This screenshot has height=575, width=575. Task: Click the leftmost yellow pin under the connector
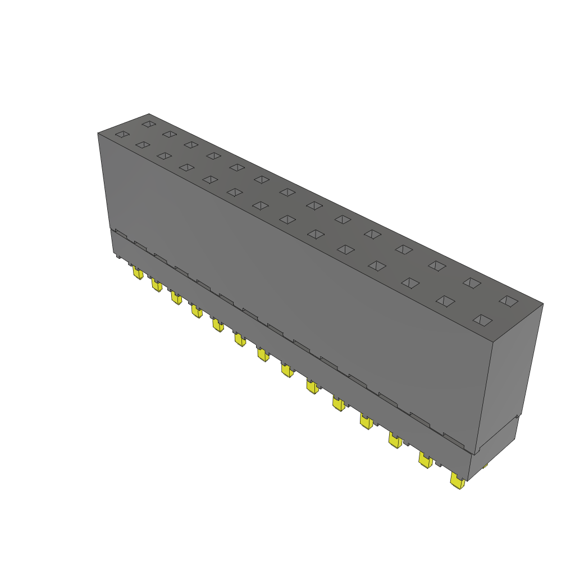(137, 273)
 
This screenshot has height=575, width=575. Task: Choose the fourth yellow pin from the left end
(196, 311)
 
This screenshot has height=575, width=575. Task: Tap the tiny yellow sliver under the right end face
(485, 466)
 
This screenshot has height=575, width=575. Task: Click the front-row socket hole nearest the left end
(122, 134)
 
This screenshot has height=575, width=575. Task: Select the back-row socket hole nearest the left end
(148, 124)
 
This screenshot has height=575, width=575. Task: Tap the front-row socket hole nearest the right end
(482, 320)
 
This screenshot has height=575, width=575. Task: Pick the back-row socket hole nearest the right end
(509, 301)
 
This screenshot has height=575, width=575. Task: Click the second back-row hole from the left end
(169, 134)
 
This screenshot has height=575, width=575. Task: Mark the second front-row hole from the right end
(445, 302)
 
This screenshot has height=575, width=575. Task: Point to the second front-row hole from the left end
(143, 145)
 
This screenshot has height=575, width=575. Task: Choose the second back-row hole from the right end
(472, 283)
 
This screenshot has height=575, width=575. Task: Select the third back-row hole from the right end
(437, 265)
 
